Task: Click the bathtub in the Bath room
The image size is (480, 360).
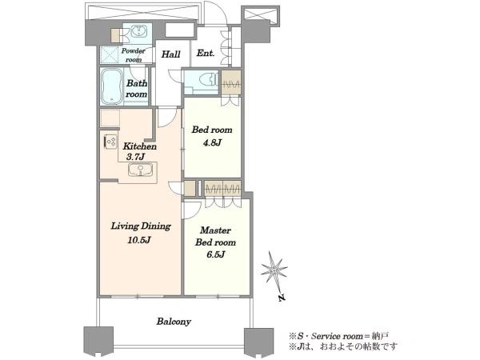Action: pos(112,86)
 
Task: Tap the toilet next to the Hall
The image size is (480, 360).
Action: pos(207,80)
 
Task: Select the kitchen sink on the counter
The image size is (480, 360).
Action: pos(141,170)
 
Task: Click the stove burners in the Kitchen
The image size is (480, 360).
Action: pos(111,142)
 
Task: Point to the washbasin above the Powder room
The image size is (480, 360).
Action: pos(139,31)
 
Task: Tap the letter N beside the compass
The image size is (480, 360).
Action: pos(282,298)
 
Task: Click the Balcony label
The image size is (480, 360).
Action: pos(174,322)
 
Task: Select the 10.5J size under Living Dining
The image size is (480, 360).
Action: pos(139,240)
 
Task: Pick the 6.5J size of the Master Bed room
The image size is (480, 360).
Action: pos(216,254)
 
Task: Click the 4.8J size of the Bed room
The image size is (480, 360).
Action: pos(212,142)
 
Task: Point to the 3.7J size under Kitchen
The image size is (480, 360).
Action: pos(135,157)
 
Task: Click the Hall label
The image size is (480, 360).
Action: pos(171,54)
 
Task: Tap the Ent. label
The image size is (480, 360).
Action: pos(206,54)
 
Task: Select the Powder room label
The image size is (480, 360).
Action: pos(134,55)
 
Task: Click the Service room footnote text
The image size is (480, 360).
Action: pos(339,336)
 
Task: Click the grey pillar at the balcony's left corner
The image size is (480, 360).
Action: pos(98,340)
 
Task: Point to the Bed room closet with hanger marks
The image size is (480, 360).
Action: pos(231,83)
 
